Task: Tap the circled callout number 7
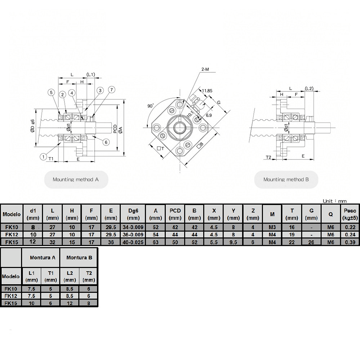coord(111,89)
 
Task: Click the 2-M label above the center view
coord(205,69)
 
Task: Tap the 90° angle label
coord(151,106)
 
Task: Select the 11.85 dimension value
coord(207,90)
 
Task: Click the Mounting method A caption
coord(76,179)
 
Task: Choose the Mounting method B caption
coord(286,179)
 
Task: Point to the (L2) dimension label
coord(309,88)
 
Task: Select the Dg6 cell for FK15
coord(133,242)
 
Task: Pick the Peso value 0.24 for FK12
coord(350,234)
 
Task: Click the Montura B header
coord(79,258)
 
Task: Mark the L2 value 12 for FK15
coord(69,303)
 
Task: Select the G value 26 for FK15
coord(311,242)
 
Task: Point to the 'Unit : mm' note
coord(335,201)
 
